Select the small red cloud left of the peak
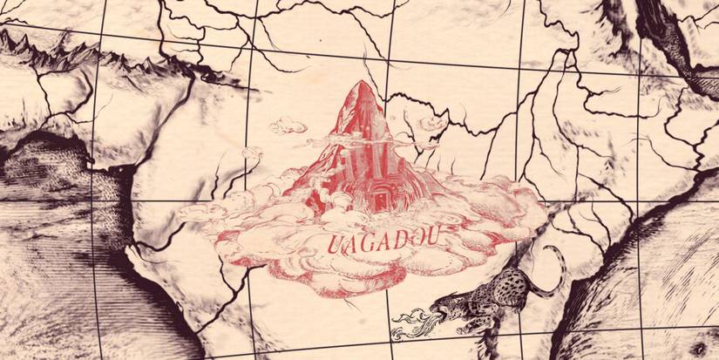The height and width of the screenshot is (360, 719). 288,126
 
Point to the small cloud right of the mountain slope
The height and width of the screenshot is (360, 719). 430,122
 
